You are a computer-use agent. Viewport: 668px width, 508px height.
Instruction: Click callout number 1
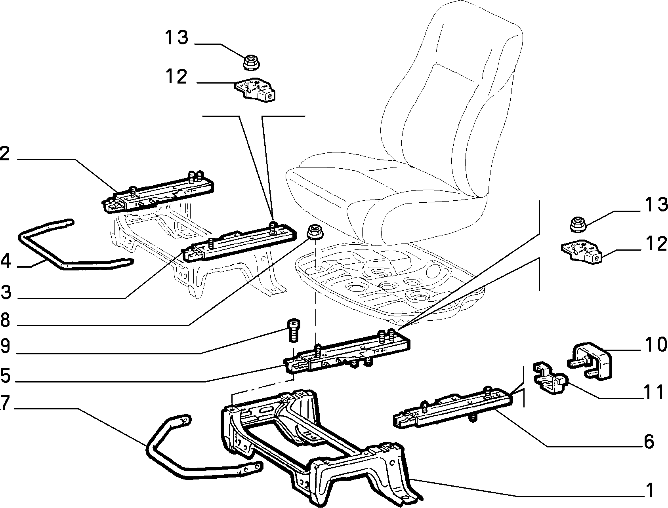(649, 491)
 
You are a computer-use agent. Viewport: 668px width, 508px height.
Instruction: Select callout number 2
(5, 154)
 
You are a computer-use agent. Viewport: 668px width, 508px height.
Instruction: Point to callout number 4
(6, 262)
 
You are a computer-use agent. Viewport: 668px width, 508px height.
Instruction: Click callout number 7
(5, 403)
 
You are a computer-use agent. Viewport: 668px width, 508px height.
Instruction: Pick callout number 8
(5, 320)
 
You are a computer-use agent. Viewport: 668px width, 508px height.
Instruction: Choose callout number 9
(5, 346)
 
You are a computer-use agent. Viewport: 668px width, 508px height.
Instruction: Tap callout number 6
(649, 441)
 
